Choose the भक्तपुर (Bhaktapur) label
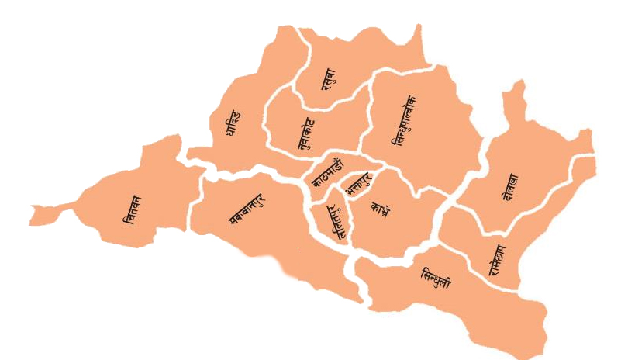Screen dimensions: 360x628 pos(358,186)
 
